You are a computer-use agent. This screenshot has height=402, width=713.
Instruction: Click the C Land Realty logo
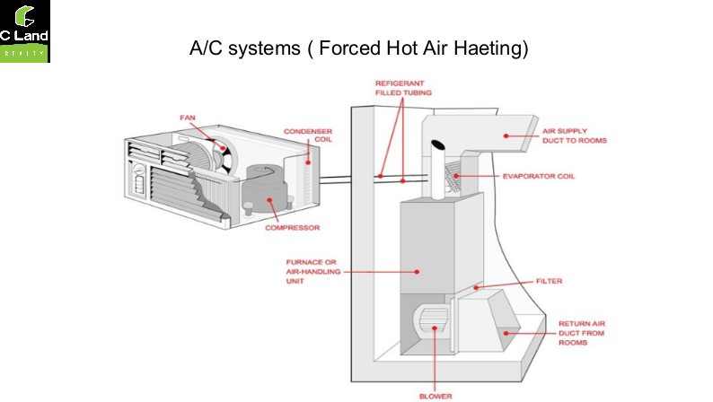[x=25, y=31]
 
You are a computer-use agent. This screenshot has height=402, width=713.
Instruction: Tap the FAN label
[x=188, y=118]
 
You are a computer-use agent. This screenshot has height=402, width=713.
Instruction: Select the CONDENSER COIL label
[x=308, y=135]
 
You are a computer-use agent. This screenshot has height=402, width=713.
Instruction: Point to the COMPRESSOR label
[x=293, y=228]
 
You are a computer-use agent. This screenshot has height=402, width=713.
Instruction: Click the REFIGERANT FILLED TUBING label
[x=403, y=88]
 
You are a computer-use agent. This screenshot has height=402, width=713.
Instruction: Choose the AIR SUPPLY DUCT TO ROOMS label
[x=575, y=135]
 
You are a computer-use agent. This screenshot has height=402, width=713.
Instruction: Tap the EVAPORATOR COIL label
[x=539, y=176]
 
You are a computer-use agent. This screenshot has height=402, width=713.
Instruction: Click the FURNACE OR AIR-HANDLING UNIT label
[x=313, y=272]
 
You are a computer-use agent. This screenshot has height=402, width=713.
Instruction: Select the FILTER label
[x=550, y=281]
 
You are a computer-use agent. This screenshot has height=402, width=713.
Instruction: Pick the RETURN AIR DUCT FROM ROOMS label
[x=582, y=333]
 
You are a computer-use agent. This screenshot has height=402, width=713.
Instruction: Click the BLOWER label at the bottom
[x=436, y=397]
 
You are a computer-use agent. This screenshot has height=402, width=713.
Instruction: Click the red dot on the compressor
[x=269, y=200]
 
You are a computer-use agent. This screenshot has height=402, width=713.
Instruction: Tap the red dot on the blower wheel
[x=435, y=328]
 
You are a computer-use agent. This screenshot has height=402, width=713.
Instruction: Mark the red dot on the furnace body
[x=417, y=272]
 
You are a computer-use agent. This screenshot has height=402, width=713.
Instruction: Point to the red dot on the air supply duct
[x=506, y=135]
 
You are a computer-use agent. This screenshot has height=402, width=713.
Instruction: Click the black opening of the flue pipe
[x=438, y=144]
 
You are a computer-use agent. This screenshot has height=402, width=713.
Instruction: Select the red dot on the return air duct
[x=506, y=334]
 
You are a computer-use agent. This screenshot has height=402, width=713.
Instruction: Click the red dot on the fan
[x=223, y=148]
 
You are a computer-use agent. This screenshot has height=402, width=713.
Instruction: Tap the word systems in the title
[x=264, y=48]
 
